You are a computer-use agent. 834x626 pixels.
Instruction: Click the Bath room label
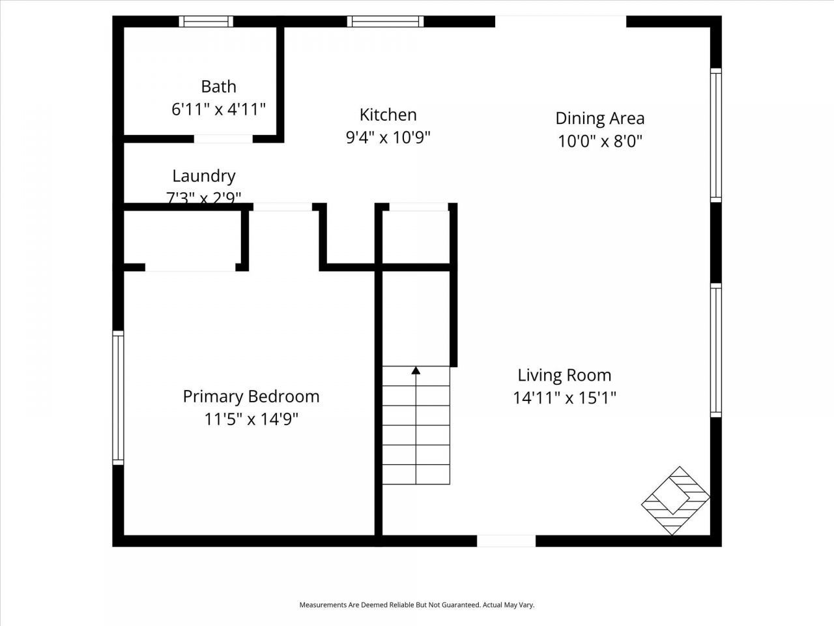point(218,87)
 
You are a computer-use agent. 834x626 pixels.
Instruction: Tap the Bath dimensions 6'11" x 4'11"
point(218,109)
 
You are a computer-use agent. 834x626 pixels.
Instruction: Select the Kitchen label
point(388,115)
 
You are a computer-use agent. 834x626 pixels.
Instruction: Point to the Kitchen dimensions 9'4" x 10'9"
point(388,138)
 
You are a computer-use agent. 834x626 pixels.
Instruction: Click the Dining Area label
point(599,118)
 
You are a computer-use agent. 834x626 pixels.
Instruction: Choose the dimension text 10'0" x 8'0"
point(599,141)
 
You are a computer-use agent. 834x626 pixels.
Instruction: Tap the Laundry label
point(203,176)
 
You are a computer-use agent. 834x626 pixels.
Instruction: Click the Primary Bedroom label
point(251,396)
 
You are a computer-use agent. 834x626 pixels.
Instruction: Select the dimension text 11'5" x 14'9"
point(251,419)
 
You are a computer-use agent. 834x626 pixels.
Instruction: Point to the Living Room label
point(564,375)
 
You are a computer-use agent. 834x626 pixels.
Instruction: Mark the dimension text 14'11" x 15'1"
point(564,398)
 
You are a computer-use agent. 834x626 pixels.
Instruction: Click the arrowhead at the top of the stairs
point(416,371)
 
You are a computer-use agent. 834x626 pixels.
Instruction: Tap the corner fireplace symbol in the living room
point(676,501)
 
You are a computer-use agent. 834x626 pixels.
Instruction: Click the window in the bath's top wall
point(207,22)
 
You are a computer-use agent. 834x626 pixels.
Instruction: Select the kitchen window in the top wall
point(385,22)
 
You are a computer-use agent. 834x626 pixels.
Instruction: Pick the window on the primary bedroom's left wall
point(118,398)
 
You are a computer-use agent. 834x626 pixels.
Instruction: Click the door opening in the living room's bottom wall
point(506,541)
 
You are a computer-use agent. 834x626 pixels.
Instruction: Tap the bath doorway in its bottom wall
point(223,138)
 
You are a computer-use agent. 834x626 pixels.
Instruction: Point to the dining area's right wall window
point(715,135)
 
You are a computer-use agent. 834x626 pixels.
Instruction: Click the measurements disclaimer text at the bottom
point(416,605)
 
